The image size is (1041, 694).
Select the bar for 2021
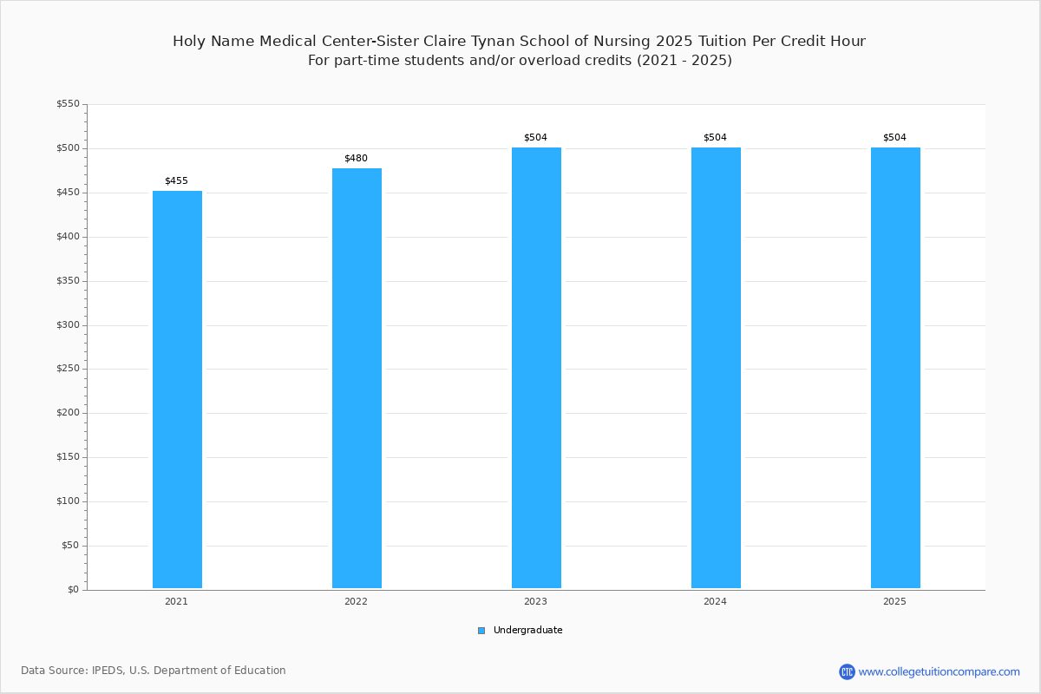[177, 389]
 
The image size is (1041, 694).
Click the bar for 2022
[357, 378]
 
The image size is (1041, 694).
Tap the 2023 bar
[536, 368]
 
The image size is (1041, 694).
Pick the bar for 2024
[716, 368]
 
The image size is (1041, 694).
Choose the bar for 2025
[895, 368]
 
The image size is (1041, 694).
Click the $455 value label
[177, 180]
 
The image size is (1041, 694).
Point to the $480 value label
[356, 158]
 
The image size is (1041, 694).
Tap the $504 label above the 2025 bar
[894, 137]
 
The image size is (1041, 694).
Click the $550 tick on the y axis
[69, 103]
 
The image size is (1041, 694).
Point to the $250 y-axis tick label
[69, 369]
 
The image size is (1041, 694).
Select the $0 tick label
[74, 589]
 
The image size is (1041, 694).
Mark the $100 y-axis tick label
[69, 501]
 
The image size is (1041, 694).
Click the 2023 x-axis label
[535, 601]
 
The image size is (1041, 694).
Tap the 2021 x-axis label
[177, 601]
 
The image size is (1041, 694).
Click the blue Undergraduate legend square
[481, 631]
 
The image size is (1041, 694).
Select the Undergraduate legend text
[528, 630]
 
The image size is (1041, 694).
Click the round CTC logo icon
[847, 671]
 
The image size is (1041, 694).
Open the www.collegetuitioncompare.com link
[939, 671]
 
